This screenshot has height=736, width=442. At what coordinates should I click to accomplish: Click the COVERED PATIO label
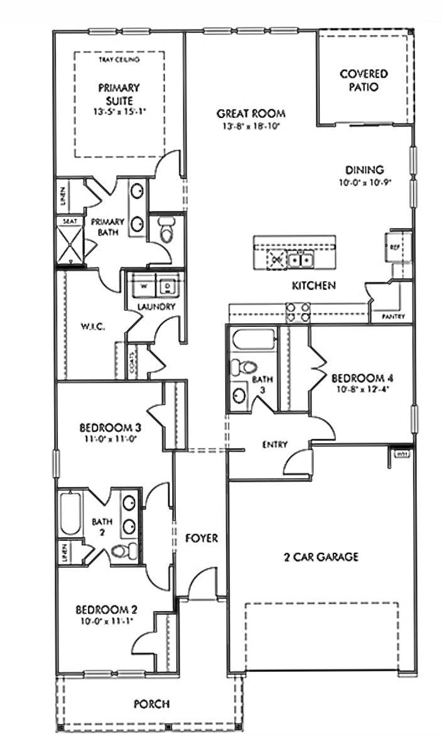[x=364, y=80]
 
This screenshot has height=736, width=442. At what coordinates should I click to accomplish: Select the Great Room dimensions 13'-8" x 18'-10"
[x=251, y=126]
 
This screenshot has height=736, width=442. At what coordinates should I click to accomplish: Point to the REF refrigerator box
[x=396, y=247]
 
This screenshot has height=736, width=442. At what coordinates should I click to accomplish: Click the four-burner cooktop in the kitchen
[x=298, y=312]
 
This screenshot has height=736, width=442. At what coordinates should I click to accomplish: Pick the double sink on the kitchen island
[x=300, y=258]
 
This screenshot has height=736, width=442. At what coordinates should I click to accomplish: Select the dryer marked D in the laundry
[x=167, y=285]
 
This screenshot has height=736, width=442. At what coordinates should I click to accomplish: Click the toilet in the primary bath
[x=166, y=230]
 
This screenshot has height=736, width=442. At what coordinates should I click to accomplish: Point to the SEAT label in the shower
[x=67, y=221]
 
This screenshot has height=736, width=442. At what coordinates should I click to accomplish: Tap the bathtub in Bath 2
[x=70, y=512]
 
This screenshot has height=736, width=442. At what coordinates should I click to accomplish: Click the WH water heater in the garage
[x=401, y=454]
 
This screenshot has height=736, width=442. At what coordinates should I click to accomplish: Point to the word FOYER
[x=201, y=538]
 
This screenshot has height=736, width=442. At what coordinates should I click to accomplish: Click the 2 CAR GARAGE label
[x=320, y=557]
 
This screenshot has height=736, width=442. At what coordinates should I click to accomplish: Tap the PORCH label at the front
[x=151, y=704]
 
